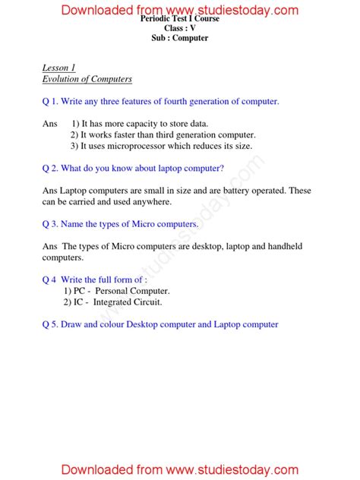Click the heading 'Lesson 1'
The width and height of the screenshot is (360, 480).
tap(58, 68)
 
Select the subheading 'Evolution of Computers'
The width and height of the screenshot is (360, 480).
tap(87, 79)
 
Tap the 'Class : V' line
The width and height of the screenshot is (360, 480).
tap(180, 28)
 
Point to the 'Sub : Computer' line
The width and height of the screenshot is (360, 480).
tap(180, 38)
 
